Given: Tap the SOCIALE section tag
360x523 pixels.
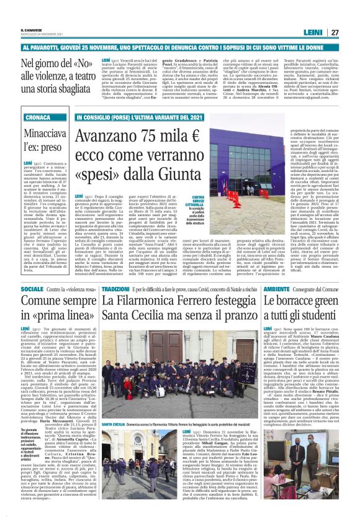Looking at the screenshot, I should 32,289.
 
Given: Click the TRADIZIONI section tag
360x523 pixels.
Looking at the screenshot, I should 115,289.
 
